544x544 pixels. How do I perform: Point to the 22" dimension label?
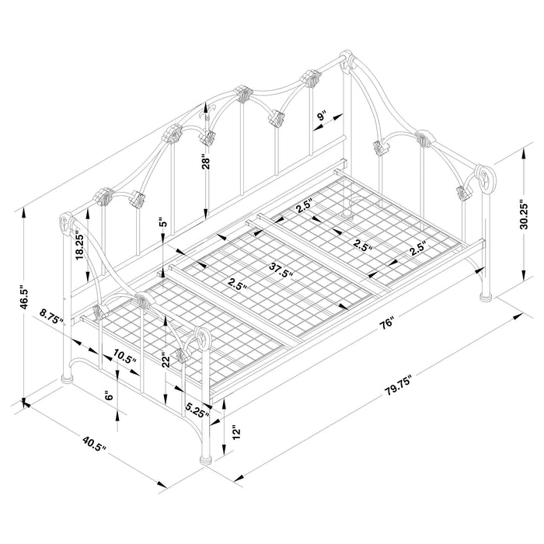coord(166,359)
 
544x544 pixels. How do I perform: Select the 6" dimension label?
coord(109,396)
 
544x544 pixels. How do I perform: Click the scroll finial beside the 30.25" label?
coord(484,178)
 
